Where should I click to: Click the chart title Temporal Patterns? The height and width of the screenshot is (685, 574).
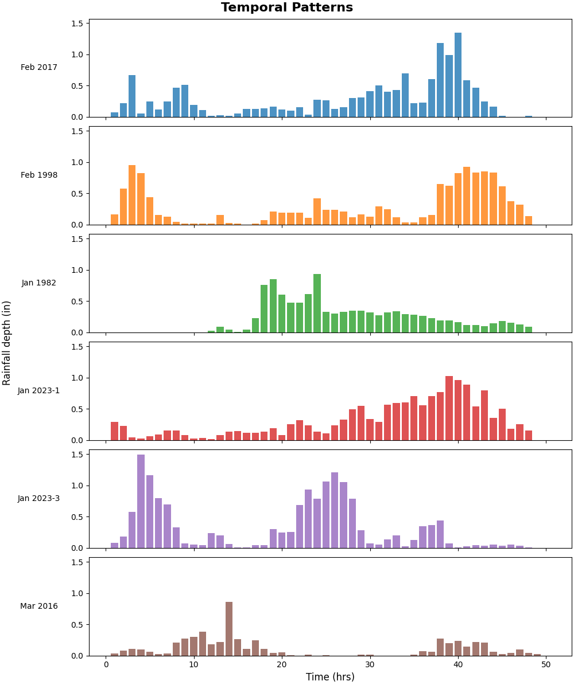tap(287, 8)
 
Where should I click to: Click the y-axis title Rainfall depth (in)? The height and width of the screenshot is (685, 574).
tap(7, 343)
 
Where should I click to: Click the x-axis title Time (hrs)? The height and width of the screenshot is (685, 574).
tap(330, 677)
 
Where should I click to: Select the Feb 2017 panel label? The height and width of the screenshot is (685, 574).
tap(39, 68)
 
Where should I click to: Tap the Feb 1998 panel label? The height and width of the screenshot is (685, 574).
tap(39, 175)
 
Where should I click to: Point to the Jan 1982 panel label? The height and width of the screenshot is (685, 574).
tap(39, 283)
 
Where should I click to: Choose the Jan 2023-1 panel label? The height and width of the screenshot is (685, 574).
tap(39, 391)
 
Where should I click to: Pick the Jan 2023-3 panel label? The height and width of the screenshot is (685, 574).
tap(39, 499)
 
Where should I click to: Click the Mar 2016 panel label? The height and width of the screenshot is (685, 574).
tap(39, 606)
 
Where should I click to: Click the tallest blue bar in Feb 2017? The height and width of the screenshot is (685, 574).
tap(458, 75)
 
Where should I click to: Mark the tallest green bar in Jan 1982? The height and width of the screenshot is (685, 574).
tap(317, 303)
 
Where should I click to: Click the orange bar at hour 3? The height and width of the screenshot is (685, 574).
tap(132, 195)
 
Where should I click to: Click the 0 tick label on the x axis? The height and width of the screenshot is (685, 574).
tap(106, 664)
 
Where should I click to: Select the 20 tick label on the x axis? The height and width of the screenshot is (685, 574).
tap(282, 664)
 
